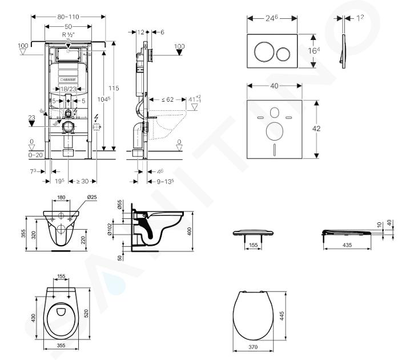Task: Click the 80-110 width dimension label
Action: click(69, 17)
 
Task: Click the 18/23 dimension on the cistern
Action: click(69, 89)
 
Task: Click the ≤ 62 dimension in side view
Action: click(167, 99)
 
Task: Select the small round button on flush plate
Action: click(283, 54)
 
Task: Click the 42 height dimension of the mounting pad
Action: click(316, 130)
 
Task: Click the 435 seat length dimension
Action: click(347, 244)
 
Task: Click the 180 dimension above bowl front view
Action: click(61, 198)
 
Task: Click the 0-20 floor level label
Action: click(35, 154)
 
